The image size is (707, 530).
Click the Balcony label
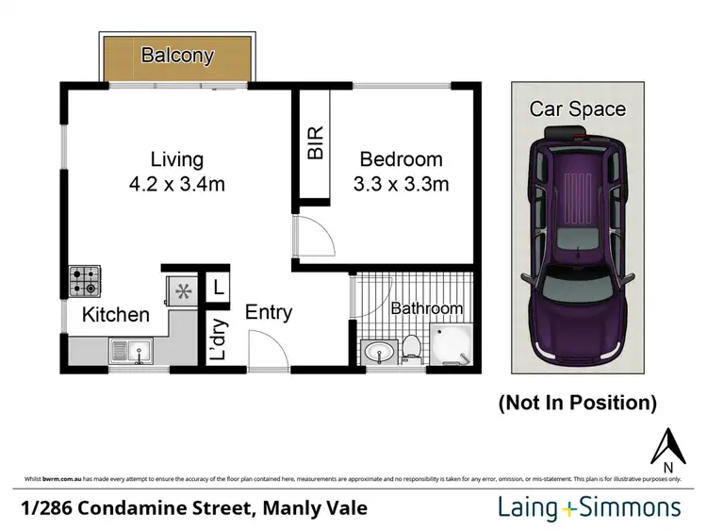(x=177, y=55)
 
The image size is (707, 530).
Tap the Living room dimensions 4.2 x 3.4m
(x=177, y=184)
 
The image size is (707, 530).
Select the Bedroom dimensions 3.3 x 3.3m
(x=399, y=184)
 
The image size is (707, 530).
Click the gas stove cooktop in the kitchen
(x=83, y=281)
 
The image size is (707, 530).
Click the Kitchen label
(x=115, y=315)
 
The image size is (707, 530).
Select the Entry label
(x=269, y=312)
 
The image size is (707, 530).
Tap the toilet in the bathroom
(x=411, y=349)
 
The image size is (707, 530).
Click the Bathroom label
(x=426, y=308)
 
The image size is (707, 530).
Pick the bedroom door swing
(x=311, y=236)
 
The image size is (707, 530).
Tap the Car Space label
(x=577, y=108)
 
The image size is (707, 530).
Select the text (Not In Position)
(x=577, y=403)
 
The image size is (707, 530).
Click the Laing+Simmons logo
(x=589, y=508)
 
